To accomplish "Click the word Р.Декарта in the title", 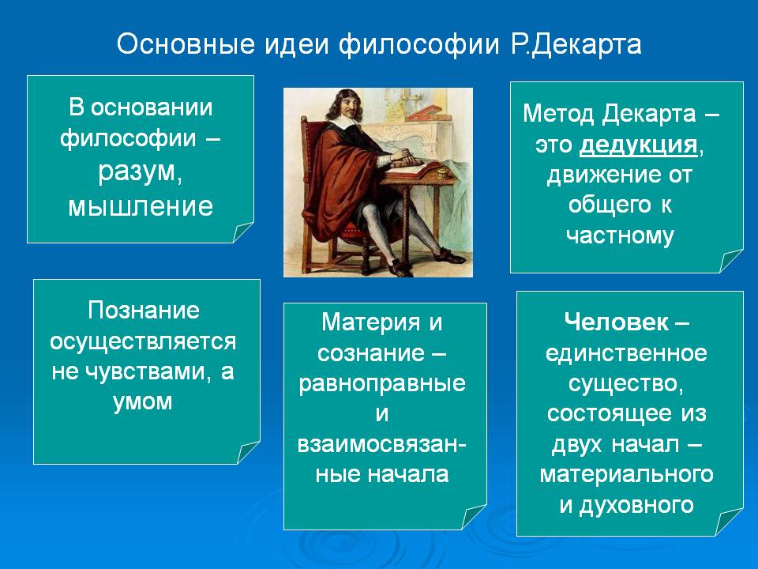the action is [x=576, y=45].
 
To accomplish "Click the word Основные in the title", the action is [x=186, y=44].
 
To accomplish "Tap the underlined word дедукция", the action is [x=638, y=145].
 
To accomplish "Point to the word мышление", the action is [x=141, y=206].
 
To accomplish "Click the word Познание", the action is [x=144, y=310].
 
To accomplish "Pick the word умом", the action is [x=143, y=401].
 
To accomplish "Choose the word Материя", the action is [x=371, y=322].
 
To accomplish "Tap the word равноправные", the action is [x=382, y=384].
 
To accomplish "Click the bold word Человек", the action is [x=617, y=322].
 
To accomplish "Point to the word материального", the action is [x=626, y=474].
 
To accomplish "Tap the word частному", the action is [x=620, y=236].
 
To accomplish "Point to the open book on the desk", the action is [x=415, y=168].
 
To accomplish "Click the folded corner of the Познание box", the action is [x=248, y=452].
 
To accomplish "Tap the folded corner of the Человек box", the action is [x=730, y=522].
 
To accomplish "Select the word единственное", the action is [x=626, y=353].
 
